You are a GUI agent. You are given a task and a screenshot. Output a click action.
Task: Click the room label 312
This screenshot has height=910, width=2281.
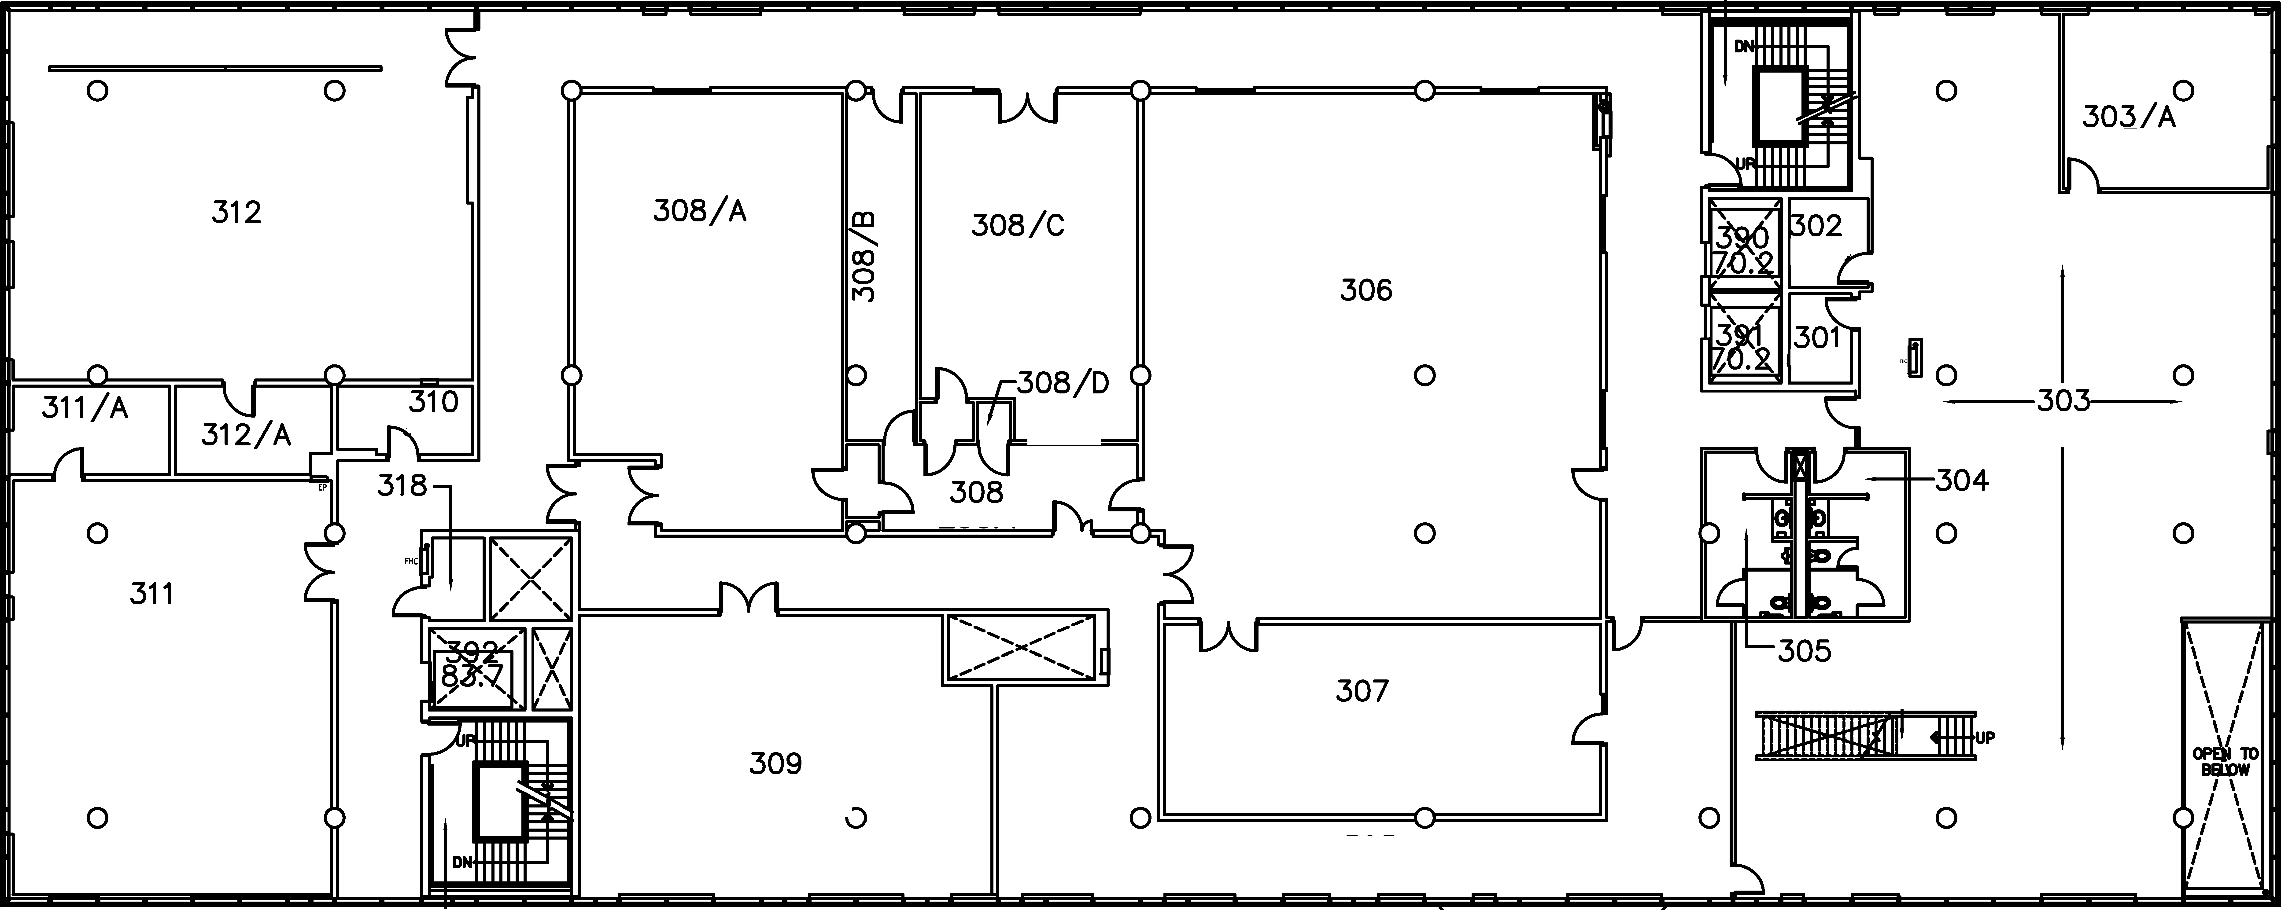coord(236,213)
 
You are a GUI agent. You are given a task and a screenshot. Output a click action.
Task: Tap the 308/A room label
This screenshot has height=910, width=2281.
coord(700,211)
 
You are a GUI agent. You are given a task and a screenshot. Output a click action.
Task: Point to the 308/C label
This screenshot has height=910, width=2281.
coord(1017,226)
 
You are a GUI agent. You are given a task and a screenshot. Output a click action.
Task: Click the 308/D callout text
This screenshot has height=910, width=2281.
coord(1063,383)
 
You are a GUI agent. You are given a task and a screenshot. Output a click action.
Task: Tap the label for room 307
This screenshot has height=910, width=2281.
coord(1362,690)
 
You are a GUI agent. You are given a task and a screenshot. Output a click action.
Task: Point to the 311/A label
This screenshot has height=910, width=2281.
coord(85,408)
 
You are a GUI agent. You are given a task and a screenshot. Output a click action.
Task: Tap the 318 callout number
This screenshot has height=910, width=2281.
coord(402,485)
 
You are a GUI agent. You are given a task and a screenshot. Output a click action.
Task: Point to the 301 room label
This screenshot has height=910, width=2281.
coord(1817,337)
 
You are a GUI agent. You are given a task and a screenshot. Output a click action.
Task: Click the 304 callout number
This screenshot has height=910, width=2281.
coord(1961,481)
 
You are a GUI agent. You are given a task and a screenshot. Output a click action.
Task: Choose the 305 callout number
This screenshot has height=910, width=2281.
coord(1804,652)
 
